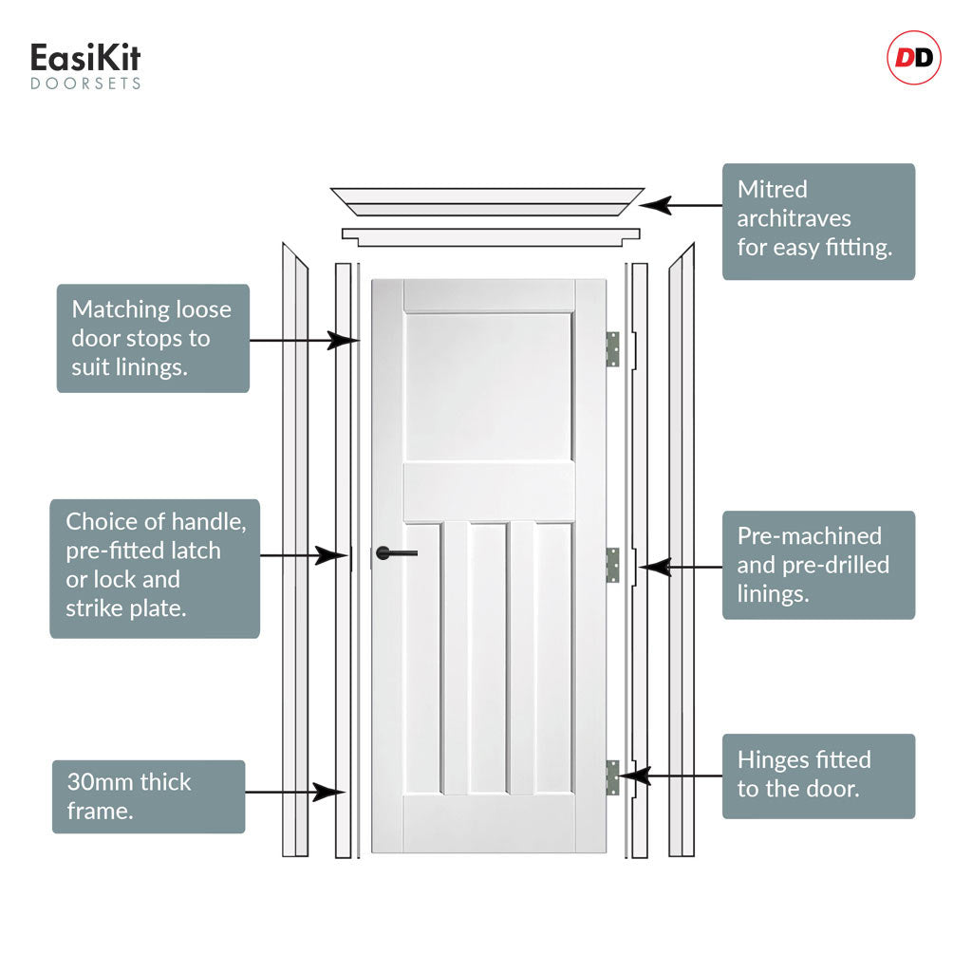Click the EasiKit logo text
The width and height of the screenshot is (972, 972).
[85, 58]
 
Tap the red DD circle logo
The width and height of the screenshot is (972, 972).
[914, 58]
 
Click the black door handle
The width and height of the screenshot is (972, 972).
[396, 552]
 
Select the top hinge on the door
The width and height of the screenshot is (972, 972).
[612, 349]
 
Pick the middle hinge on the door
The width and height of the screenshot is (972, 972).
[612, 565]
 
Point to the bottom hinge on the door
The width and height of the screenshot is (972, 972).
[612, 777]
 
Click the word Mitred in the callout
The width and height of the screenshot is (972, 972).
[773, 189]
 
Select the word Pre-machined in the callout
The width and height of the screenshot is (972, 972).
[810, 535]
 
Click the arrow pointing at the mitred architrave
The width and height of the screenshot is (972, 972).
[681, 205]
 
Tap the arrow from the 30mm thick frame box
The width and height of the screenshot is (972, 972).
[295, 792]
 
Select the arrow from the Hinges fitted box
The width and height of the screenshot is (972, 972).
[671, 775]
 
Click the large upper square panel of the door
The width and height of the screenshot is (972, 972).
[488, 387]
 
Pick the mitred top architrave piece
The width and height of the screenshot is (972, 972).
[487, 201]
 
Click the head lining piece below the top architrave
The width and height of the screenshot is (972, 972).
[491, 236]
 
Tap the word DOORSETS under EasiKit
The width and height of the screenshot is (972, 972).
[85, 84]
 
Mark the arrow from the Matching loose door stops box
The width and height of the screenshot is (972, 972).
[305, 341]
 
